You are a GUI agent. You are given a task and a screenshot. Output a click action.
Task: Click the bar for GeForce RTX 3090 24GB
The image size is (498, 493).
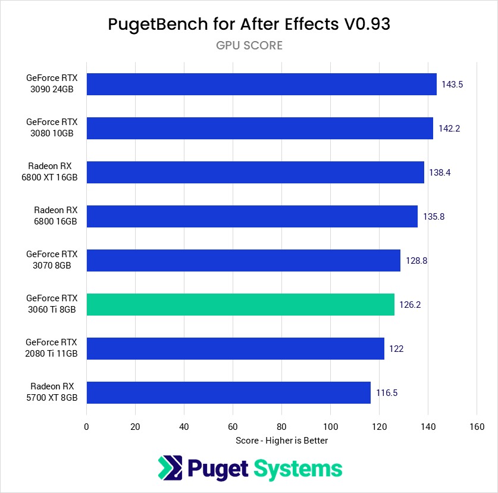click(261, 84)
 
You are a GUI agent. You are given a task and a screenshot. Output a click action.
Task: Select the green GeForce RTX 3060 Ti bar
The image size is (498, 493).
click(240, 304)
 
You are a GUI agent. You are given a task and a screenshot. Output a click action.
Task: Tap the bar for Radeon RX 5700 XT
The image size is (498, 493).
click(228, 392)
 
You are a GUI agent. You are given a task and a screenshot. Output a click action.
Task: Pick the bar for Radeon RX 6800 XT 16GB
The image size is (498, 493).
click(255, 172)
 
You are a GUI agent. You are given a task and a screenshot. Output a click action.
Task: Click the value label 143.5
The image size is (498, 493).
click(452, 85)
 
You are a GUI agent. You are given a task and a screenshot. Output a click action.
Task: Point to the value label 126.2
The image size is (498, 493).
click(410, 305)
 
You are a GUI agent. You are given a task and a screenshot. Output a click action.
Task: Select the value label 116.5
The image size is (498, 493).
click(387, 393)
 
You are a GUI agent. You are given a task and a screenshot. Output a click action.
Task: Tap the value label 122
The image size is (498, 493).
click(396, 349)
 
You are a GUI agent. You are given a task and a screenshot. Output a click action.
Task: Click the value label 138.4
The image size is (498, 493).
click(440, 173)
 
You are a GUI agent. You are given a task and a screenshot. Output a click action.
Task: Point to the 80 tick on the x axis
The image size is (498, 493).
click(281, 426)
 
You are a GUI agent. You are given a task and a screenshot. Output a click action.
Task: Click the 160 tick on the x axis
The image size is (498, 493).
click(477, 426)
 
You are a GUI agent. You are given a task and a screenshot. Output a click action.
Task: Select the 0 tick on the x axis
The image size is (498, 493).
click(87, 426)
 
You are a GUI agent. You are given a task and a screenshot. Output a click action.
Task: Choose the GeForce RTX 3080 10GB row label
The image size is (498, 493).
click(52, 127)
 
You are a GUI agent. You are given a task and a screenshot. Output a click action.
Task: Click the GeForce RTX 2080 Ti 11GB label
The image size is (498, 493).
click(52, 348)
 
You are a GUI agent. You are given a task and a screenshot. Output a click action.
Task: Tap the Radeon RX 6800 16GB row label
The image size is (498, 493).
click(55, 216)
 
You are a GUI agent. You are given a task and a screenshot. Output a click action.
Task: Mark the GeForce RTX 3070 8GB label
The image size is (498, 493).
click(52, 260)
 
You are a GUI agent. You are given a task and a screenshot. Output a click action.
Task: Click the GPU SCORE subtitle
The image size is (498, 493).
click(249, 45)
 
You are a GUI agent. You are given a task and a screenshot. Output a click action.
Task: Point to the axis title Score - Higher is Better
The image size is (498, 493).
click(281, 441)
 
